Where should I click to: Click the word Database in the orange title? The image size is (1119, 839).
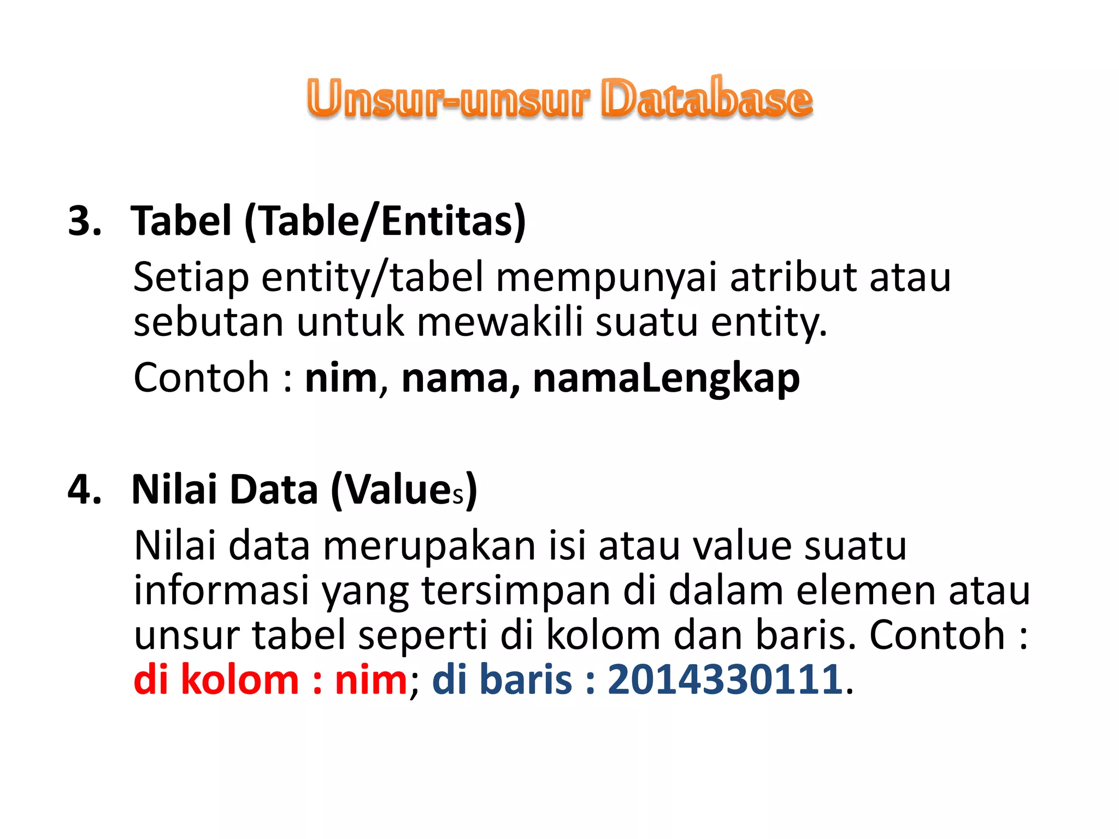(706, 99)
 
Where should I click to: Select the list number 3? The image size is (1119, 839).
(84, 221)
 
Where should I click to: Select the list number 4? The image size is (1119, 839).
(84, 489)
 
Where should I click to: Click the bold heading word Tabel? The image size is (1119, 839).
(181, 221)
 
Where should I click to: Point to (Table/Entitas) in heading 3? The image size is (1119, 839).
(385, 221)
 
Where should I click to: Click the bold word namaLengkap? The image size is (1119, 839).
(666, 378)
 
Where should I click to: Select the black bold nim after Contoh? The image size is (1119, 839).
(341, 378)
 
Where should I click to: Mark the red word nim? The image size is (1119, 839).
(371, 680)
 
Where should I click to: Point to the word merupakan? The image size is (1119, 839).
(429, 546)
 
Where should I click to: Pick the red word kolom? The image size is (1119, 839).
(239, 680)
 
